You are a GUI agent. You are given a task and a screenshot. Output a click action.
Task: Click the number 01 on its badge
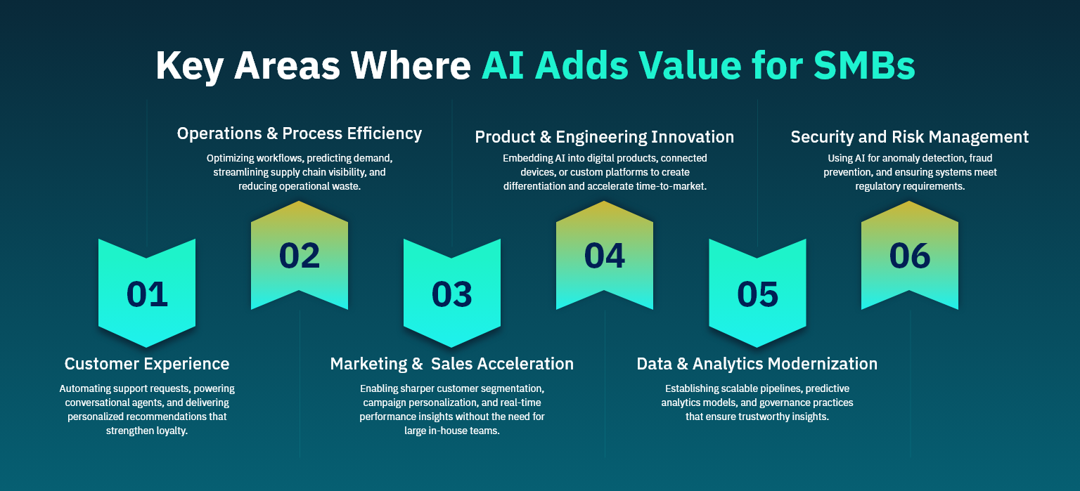147,294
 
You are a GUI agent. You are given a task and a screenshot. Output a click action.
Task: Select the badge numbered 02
300,256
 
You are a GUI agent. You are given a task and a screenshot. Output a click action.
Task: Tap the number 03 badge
452,294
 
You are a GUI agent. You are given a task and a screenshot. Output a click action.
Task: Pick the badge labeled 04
605,256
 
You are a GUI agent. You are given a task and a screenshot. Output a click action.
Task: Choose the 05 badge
757,294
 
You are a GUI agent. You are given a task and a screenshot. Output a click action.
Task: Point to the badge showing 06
910,256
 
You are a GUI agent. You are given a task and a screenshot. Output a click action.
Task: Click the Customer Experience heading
147,364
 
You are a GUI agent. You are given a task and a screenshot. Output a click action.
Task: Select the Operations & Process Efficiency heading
300,133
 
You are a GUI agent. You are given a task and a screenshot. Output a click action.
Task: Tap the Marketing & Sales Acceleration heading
452,364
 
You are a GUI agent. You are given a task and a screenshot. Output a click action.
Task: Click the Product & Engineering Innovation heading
605,136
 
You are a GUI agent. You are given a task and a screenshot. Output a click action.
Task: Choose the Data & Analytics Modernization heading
757,364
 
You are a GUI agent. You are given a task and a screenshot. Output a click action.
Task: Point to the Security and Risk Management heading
910,136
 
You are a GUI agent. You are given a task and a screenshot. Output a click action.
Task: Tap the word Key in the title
188,65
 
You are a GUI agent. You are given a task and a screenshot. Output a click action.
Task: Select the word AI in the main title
503,65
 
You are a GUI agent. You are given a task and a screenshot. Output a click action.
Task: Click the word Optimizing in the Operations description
231,158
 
